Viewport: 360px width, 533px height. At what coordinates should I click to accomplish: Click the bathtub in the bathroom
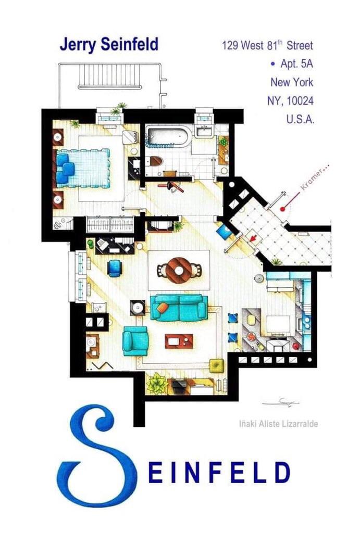pyautogui.click(x=167, y=136)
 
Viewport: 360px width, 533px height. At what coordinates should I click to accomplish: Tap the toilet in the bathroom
pyautogui.click(x=155, y=160)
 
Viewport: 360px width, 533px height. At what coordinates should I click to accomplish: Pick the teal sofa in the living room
pyautogui.click(x=179, y=308)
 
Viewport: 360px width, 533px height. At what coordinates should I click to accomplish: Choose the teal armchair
pyautogui.click(x=135, y=340)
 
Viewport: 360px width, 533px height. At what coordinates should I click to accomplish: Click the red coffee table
pyautogui.click(x=179, y=341)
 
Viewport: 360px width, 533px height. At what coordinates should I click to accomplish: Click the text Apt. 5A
pyautogui.click(x=294, y=64)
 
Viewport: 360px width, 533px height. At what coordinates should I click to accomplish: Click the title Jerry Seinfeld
pyautogui.click(x=108, y=45)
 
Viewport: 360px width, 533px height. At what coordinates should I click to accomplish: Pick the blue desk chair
pyautogui.click(x=114, y=268)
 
